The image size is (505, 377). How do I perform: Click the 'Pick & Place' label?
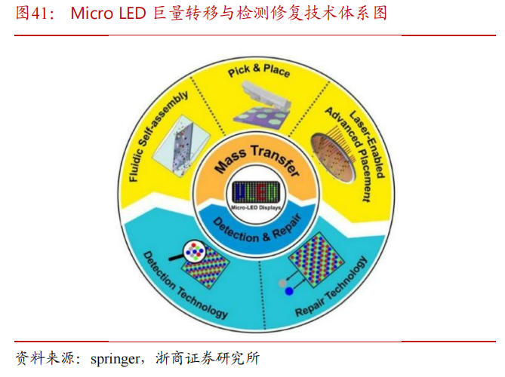(x=259, y=70)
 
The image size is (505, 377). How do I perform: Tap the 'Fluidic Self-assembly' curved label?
(x=157, y=136)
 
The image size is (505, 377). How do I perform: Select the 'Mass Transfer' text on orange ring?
(x=256, y=160)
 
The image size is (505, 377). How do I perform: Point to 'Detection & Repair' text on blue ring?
(x=257, y=228)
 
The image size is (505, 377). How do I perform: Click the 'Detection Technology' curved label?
(x=184, y=285)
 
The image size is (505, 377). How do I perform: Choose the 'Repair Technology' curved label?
(x=331, y=287)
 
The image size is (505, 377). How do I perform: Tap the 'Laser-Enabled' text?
(x=367, y=144)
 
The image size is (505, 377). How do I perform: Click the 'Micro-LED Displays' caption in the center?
(x=256, y=208)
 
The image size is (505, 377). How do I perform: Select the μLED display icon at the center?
(x=256, y=192)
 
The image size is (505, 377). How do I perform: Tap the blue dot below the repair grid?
(x=289, y=292)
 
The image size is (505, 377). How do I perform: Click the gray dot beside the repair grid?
(x=282, y=283)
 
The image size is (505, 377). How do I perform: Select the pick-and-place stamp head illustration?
(x=266, y=95)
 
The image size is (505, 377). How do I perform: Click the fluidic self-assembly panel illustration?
(x=181, y=146)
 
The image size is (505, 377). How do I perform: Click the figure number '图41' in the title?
(x=32, y=13)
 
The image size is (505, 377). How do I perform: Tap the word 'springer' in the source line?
(x=115, y=359)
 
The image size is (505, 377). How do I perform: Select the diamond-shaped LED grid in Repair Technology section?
(x=315, y=259)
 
